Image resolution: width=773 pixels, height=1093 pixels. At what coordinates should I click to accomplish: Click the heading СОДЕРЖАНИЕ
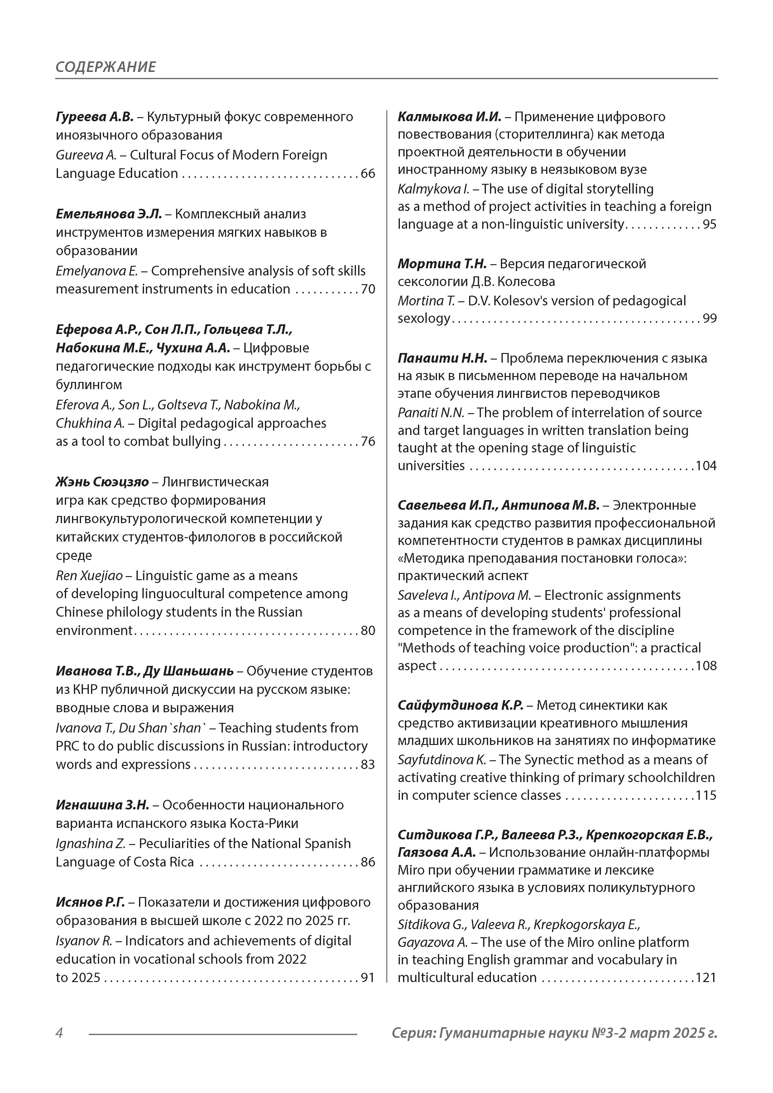[105, 67]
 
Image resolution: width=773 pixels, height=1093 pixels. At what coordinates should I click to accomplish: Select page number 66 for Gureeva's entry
[368, 173]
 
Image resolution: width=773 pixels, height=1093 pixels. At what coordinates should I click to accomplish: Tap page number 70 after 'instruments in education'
[368, 289]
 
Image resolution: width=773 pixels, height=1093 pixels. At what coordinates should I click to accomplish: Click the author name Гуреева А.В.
[94, 117]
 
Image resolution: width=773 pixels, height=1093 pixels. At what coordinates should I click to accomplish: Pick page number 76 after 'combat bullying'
[368, 441]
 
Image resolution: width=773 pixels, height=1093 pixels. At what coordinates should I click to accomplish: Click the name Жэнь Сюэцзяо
[102, 482]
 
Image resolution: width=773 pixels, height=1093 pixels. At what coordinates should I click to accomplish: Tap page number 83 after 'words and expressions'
[368, 764]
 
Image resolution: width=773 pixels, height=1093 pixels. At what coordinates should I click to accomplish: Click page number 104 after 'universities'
[706, 465]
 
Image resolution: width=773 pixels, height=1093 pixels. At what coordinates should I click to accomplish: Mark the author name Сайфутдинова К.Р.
[460, 705]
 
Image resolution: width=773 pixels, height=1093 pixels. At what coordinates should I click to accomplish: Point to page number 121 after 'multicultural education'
[706, 977]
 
